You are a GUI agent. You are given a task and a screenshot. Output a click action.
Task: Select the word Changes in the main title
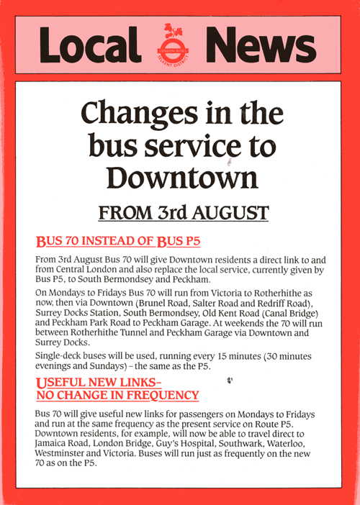[138, 114]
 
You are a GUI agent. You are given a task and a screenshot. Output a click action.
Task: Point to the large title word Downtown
[179, 176]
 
